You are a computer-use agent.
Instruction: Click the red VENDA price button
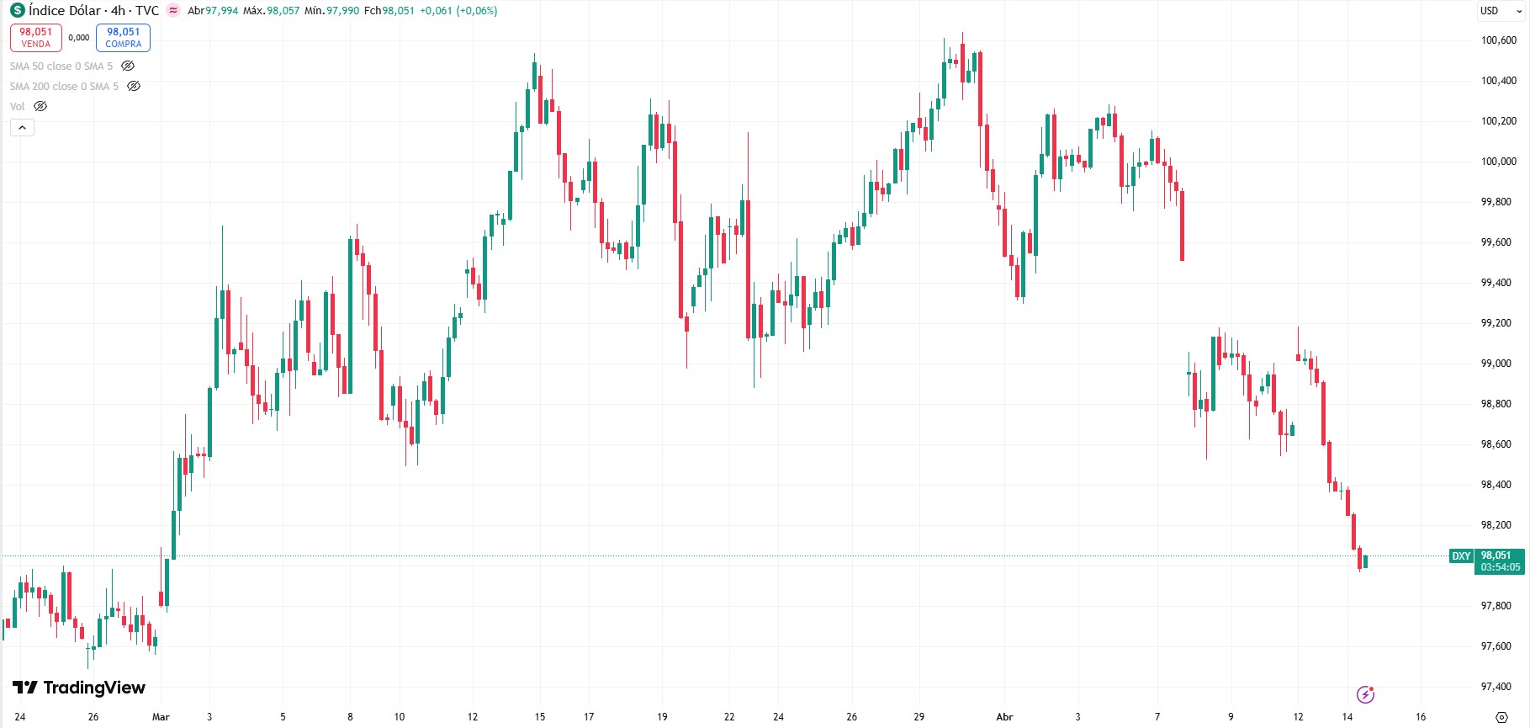coord(36,38)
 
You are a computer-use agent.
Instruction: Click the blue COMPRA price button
coord(123,38)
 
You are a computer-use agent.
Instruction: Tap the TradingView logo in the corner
coord(79,688)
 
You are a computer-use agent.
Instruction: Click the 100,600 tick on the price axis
coord(1498,40)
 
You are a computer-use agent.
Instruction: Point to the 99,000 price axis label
coord(1498,364)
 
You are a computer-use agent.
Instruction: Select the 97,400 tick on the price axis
coord(1498,687)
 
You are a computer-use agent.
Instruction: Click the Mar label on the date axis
coord(161,717)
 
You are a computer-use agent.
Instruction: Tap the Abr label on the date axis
coord(1004,717)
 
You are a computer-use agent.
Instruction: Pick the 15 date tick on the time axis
coord(540,717)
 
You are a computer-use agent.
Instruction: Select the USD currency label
coord(1489,11)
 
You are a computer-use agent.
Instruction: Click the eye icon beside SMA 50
coord(128,66)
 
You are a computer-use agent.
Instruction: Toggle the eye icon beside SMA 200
coord(134,86)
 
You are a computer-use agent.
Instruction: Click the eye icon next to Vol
coord(40,106)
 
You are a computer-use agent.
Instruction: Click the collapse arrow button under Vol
coord(22,127)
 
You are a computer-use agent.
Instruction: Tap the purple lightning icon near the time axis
coord(1365,694)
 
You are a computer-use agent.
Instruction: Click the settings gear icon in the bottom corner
coord(1501,717)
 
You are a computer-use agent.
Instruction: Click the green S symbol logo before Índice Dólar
coord(17,11)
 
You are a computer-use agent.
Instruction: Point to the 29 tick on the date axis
coord(919,717)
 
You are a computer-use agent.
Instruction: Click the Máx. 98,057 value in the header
coord(271,11)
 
